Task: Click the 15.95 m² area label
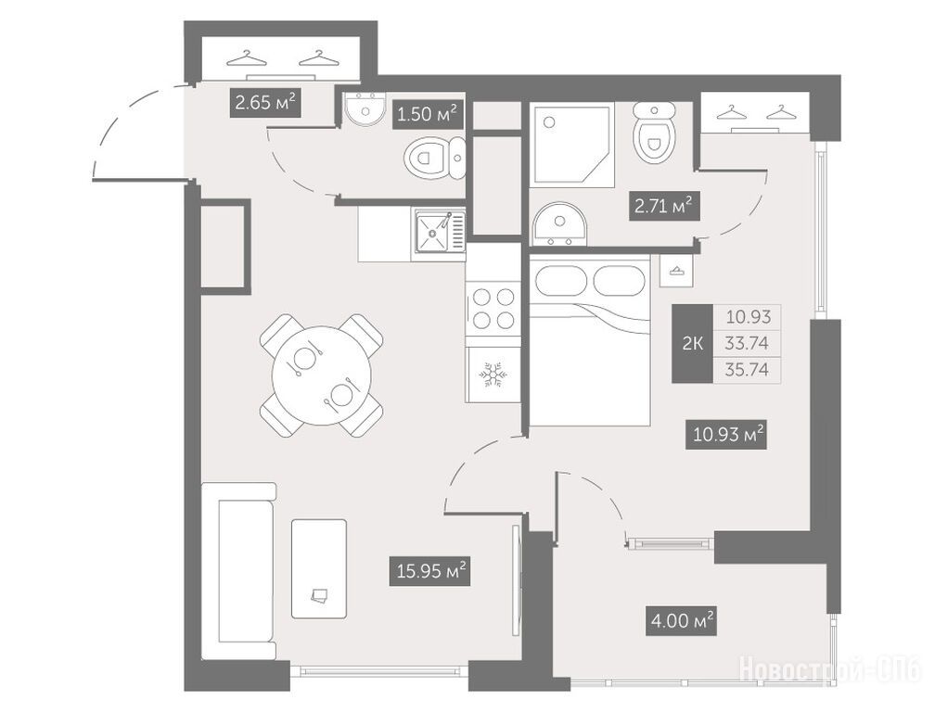pyautogui.click(x=429, y=571)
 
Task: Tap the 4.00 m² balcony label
pyautogui.click(x=681, y=621)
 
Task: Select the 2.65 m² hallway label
pyautogui.click(x=265, y=103)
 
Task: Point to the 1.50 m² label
pyautogui.click(x=428, y=113)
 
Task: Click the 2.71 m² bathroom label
pyautogui.click(x=664, y=207)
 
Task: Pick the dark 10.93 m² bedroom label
pyautogui.click(x=725, y=435)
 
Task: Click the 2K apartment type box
pyautogui.click(x=692, y=343)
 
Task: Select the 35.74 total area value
pyautogui.click(x=747, y=370)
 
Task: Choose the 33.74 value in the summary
pyautogui.click(x=747, y=343)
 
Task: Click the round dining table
pyautogui.click(x=321, y=375)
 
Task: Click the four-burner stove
pyautogui.click(x=493, y=308)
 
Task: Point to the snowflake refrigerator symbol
pyautogui.click(x=493, y=375)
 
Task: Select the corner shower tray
pyautogui.click(x=573, y=146)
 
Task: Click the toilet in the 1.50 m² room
pyautogui.click(x=434, y=159)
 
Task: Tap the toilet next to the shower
pyautogui.click(x=654, y=131)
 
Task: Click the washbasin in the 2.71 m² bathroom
pyautogui.click(x=558, y=224)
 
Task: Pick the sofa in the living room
pyautogui.click(x=238, y=571)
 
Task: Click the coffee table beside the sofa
pyautogui.click(x=319, y=568)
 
